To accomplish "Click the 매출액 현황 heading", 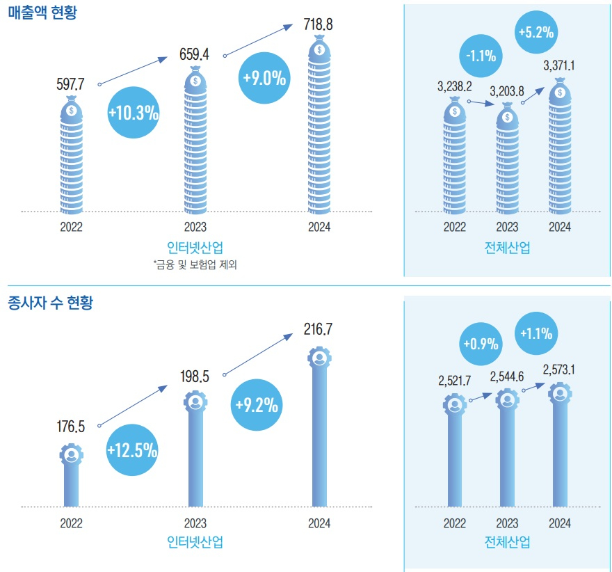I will pos(42,13).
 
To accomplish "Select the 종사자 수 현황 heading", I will pos(50,303).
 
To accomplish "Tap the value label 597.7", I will pos(70,84).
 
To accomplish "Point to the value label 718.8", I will pos(319,25).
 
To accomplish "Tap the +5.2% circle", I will pos(536,31).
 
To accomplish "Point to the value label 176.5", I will pos(70,427).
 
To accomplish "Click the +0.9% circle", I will pos(481,343).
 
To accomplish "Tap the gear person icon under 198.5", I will pos(195,402).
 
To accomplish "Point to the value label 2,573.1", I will pos(561,369).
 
